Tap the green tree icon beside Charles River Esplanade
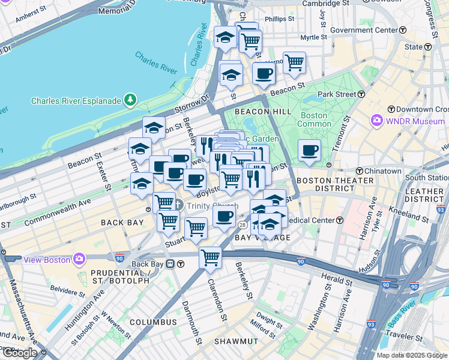click(x=128, y=100)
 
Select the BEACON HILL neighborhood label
click(x=263, y=112)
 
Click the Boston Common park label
click(x=314, y=119)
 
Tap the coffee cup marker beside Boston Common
click(x=310, y=150)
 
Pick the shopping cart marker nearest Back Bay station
click(x=210, y=257)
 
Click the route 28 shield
click(x=243, y=224)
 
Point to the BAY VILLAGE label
click(x=262, y=238)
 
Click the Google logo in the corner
click(x=20, y=352)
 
